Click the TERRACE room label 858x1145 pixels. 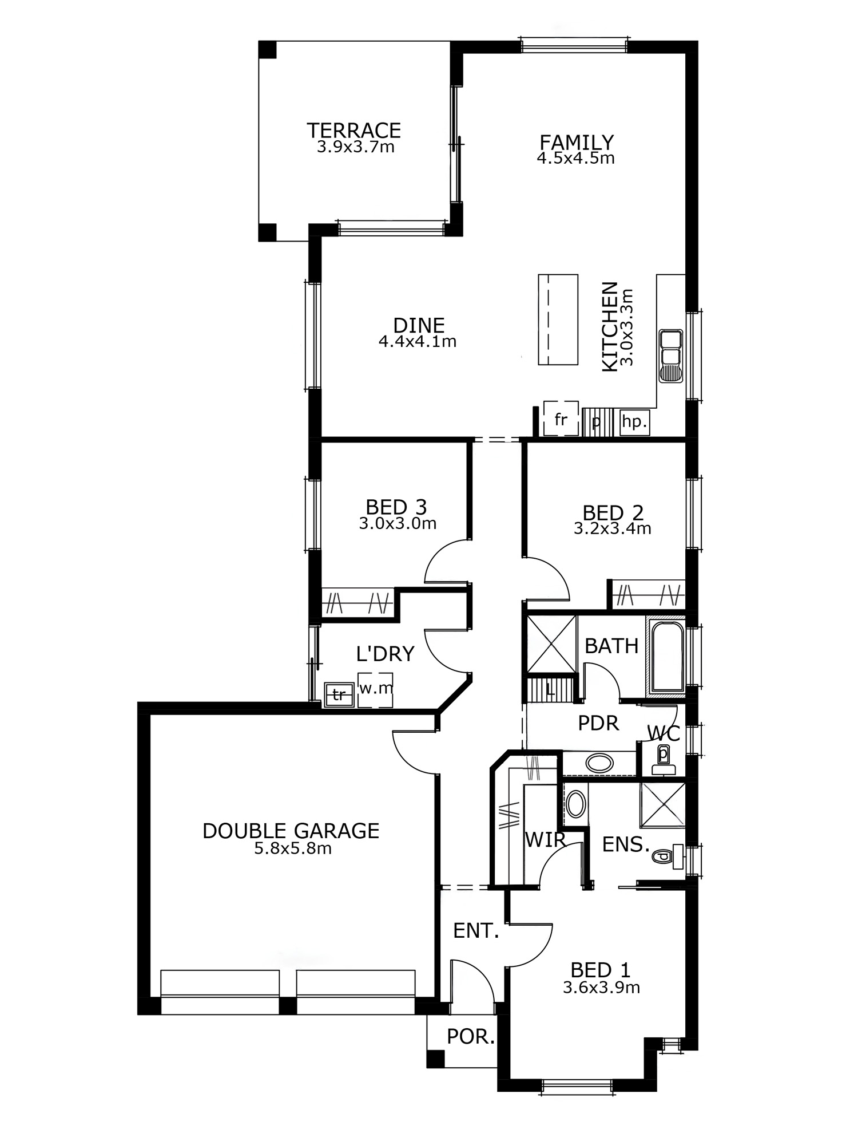354,131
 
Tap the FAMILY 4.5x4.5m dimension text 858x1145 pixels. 575,158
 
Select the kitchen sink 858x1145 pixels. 671,356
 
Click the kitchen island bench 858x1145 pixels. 558,319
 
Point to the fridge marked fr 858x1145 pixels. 561,418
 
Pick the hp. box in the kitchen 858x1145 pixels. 634,423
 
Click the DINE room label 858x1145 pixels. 419,325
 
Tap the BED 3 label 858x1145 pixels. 396,507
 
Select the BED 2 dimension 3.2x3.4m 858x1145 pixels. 613,528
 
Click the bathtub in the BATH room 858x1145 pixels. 666,656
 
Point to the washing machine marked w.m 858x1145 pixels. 375,689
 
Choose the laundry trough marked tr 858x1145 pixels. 339,694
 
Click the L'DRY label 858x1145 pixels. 385,653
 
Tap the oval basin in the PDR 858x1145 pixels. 599,763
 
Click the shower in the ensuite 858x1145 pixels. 663,804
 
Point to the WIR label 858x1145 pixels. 546,840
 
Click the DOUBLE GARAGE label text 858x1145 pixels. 291,831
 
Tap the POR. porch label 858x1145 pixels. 471,1037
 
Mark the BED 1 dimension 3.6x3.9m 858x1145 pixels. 601,988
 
